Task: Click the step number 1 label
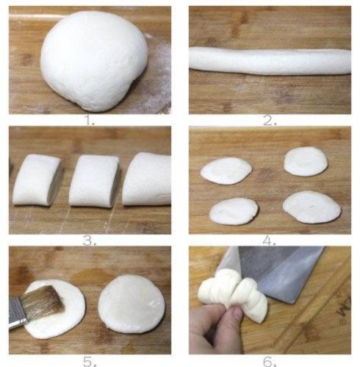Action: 90,121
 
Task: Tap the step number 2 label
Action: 270,121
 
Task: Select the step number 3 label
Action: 90,241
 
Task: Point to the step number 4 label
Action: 270,241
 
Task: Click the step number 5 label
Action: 90,361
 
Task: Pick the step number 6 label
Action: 270,361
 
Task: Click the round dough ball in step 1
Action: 94,60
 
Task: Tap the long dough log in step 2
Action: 270,60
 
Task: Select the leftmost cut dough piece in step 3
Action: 37,179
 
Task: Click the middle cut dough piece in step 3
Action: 94,181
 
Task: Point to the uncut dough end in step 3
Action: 147,179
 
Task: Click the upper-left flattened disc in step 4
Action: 226,171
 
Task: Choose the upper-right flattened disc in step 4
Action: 306,162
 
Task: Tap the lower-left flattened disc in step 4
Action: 234,211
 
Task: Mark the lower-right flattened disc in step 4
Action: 312,207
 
